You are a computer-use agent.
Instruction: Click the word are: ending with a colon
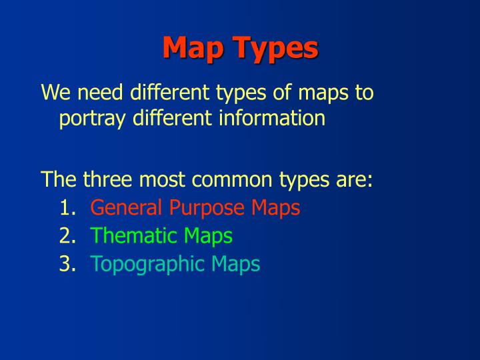pyautogui.click(x=355, y=179)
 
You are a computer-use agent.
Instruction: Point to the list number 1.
pyautogui.click(x=67, y=208)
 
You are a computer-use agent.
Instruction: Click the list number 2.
pyautogui.click(x=67, y=236)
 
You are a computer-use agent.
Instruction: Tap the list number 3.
pyautogui.click(x=67, y=264)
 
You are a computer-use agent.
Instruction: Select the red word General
pyautogui.click(x=126, y=208)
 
